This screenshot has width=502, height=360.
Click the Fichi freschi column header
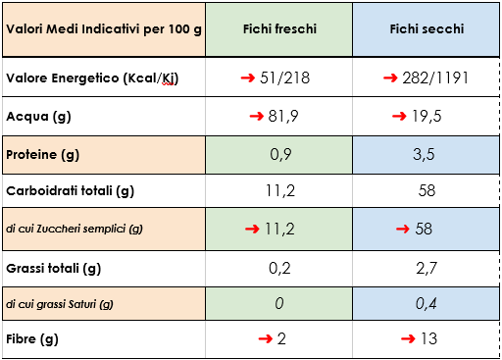click(x=279, y=30)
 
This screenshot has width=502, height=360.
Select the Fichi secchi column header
click(x=427, y=30)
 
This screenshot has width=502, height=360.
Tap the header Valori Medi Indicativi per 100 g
click(x=103, y=30)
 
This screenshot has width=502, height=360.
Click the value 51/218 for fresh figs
click(x=289, y=77)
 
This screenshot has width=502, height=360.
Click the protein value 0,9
click(x=279, y=154)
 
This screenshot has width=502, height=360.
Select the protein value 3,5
click(x=427, y=154)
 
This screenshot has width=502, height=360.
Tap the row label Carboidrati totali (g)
click(x=70, y=190)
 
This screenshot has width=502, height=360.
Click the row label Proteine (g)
click(x=43, y=154)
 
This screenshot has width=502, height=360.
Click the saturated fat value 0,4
click(x=427, y=303)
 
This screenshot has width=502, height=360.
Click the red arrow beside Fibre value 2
click(x=265, y=339)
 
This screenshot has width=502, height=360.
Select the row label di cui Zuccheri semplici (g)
click(x=75, y=229)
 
